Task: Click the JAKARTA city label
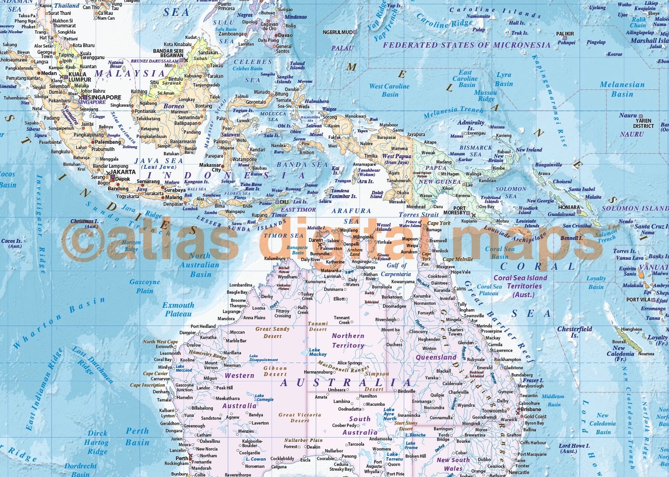click(123, 172)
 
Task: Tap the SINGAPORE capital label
click(104, 97)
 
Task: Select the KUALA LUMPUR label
click(77, 77)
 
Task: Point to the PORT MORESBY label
click(454, 210)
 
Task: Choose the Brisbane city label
click(531, 410)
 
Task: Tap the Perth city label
click(182, 458)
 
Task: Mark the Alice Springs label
click(349, 363)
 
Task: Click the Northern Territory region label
click(348, 340)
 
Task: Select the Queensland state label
click(436, 357)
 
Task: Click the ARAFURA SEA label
click(352, 215)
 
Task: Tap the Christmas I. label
click(84, 223)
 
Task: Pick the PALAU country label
click(342, 48)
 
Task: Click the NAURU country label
click(632, 134)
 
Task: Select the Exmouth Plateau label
click(178, 309)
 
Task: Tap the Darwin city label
click(316, 240)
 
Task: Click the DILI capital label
click(285, 202)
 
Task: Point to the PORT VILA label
click(639, 300)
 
